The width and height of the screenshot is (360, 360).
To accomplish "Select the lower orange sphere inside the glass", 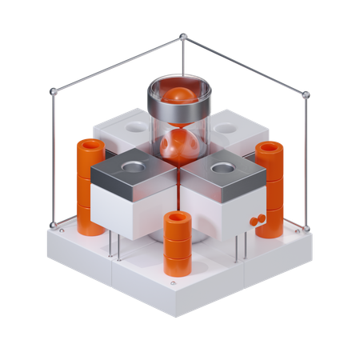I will [x=180, y=149].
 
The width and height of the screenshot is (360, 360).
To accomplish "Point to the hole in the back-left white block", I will [x=137, y=126].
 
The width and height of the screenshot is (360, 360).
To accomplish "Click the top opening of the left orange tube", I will [x=90, y=146].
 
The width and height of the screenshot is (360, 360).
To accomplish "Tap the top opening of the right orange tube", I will [x=270, y=147].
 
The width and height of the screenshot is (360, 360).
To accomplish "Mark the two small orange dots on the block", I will [x=258, y=220].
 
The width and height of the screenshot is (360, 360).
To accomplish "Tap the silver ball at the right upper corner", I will [x=306, y=94].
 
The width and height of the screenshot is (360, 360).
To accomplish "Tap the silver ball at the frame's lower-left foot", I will [x=54, y=225].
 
